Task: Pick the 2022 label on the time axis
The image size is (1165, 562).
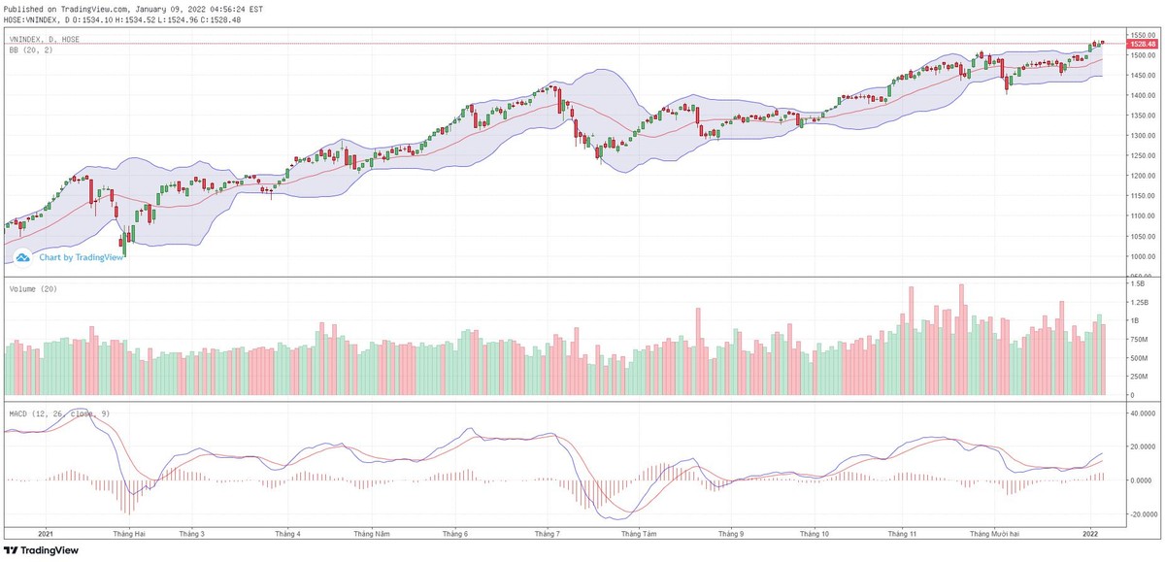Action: pyautogui.click(x=1090, y=533)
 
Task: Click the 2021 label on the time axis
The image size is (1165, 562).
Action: pyautogui.click(x=45, y=533)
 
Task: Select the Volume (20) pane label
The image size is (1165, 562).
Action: pyautogui.click(x=31, y=289)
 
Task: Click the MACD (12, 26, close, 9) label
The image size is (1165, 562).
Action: pyautogui.click(x=58, y=413)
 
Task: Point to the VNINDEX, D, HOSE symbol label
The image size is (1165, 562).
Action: pyautogui.click(x=45, y=39)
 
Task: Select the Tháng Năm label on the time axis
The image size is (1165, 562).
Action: pyautogui.click(x=371, y=533)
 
